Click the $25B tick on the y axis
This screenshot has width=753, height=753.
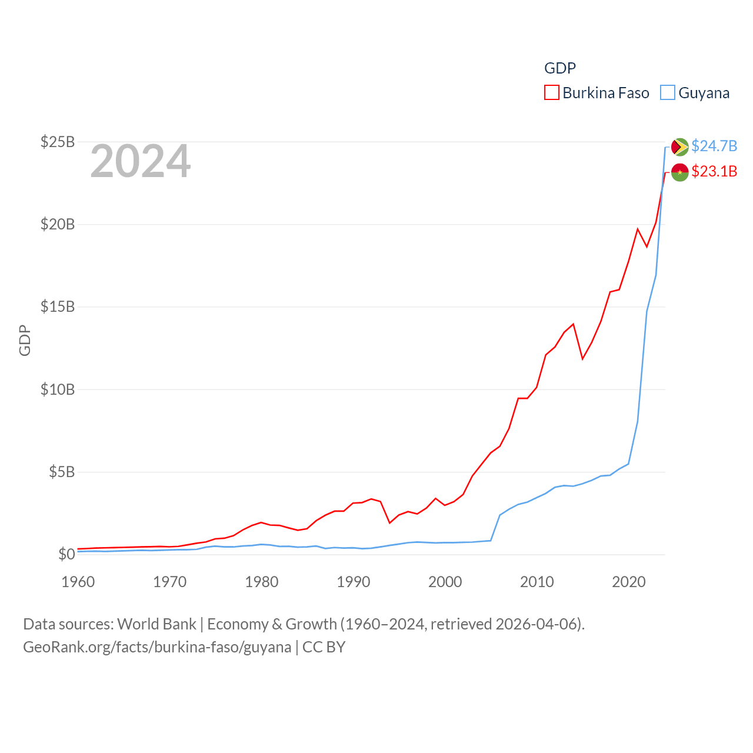(58, 142)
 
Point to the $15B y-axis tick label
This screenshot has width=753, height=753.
(58, 306)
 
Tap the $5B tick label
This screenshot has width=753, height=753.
(61, 472)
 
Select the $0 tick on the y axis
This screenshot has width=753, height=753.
(66, 554)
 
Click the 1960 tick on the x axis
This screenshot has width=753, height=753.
(78, 582)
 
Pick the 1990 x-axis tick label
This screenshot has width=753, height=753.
(354, 582)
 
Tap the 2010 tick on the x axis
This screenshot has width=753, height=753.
(537, 582)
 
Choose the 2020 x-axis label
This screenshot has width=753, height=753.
(629, 582)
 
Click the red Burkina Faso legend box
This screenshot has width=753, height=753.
(552, 93)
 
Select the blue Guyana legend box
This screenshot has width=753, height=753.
(668, 93)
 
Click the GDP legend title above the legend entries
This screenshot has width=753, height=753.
(560, 68)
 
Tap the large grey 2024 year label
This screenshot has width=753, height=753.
(141, 161)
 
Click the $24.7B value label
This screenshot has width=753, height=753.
(714, 146)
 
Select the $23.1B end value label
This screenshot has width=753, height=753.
(714, 171)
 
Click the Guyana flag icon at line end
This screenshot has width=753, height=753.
(679, 146)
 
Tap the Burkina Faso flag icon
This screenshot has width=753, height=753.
(679, 172)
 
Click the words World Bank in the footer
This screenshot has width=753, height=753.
(156, 624)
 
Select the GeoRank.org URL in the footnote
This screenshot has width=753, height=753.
(157, 647)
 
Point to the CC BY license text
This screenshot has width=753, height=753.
(324, 647)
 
